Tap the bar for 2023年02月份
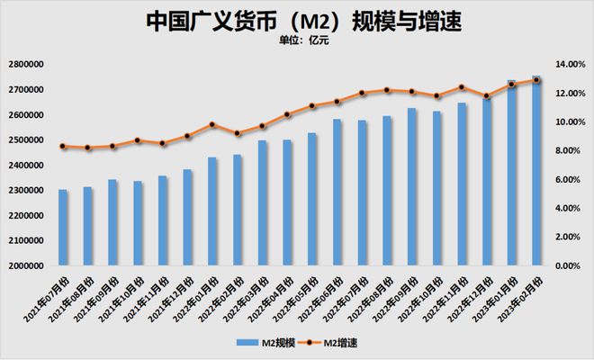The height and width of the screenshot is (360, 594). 536,171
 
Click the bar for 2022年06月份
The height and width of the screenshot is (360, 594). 337,193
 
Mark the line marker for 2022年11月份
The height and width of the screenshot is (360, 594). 462,87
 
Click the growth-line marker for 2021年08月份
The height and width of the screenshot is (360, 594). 87,148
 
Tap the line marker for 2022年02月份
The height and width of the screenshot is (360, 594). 238,133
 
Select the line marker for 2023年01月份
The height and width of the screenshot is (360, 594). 511,85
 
